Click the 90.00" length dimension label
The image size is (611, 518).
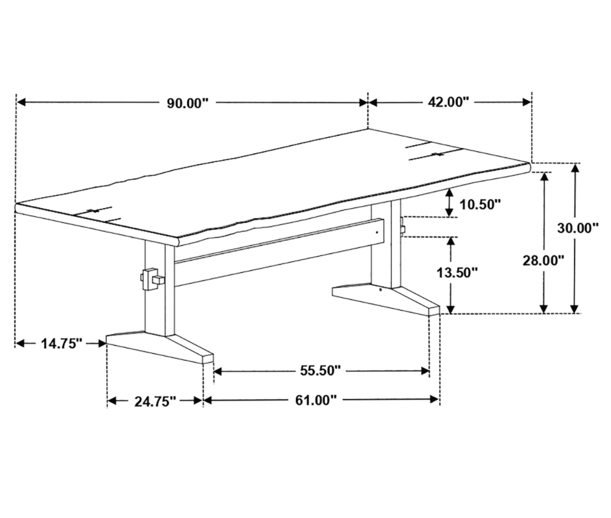click(x=188, y=103)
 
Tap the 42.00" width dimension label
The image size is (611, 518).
click(x=448, y=102)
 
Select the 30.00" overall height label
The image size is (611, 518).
click(x=578, y=228)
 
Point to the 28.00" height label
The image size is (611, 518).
click(x=543, y=261)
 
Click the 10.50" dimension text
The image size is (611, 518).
click(x=480, y=204)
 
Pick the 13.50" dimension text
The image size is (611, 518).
click(x=457, y=273)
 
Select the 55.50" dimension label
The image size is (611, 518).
click(x=320, y=370)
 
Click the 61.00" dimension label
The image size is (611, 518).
click(x=316, y=400)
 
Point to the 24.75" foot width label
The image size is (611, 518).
click(x=155, y=401)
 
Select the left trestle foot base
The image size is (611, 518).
click(x=159, y=346)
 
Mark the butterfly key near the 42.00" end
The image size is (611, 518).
click(x=439, y=154)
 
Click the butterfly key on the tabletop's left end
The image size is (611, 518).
click(x=93, y=211)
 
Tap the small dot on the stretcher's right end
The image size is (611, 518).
click(x=377, y=232)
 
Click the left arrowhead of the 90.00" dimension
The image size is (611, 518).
click(x=21, y=102)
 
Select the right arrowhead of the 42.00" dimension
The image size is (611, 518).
click(x=527, y=102)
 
